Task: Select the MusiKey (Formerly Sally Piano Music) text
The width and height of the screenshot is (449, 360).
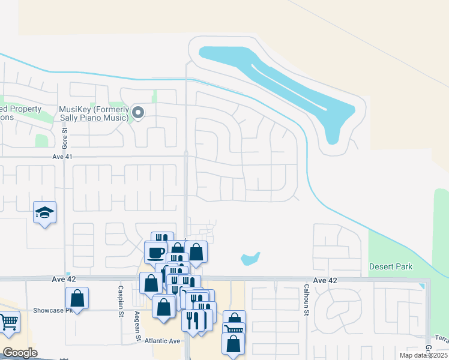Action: click(x=94, y=113)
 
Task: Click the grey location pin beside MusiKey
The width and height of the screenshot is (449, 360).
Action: click(x=138, y=112)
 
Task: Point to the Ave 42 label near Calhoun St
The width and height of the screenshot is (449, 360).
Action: click(x=325, y=281)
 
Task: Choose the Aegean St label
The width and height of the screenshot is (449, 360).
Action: click(x=137, y=326)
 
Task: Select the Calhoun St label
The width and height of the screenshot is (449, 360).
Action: click(x=306, y=300)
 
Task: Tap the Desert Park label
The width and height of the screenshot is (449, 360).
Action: click(x=391, y=266)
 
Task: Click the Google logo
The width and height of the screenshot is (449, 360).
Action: click(x=20, y=353)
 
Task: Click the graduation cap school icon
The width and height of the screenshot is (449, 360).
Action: click(x=44, y=212)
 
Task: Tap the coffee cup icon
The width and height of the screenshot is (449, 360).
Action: click(x=155, y=252)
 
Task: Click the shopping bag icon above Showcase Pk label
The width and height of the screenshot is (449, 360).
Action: click(x=77, y=298)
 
